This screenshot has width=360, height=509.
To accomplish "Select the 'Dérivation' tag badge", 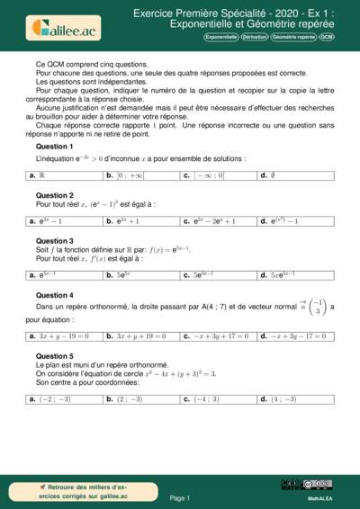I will point(256,38).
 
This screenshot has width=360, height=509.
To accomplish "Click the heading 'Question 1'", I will point(54,146).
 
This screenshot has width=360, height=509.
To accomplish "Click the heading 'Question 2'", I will point(54,195).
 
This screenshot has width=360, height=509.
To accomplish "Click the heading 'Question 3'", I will point(54,241).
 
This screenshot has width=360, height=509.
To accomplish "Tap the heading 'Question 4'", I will point(54,295).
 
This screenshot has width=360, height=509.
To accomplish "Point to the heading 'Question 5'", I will point(54,356).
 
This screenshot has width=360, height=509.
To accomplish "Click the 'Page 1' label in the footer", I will point(179,497).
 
